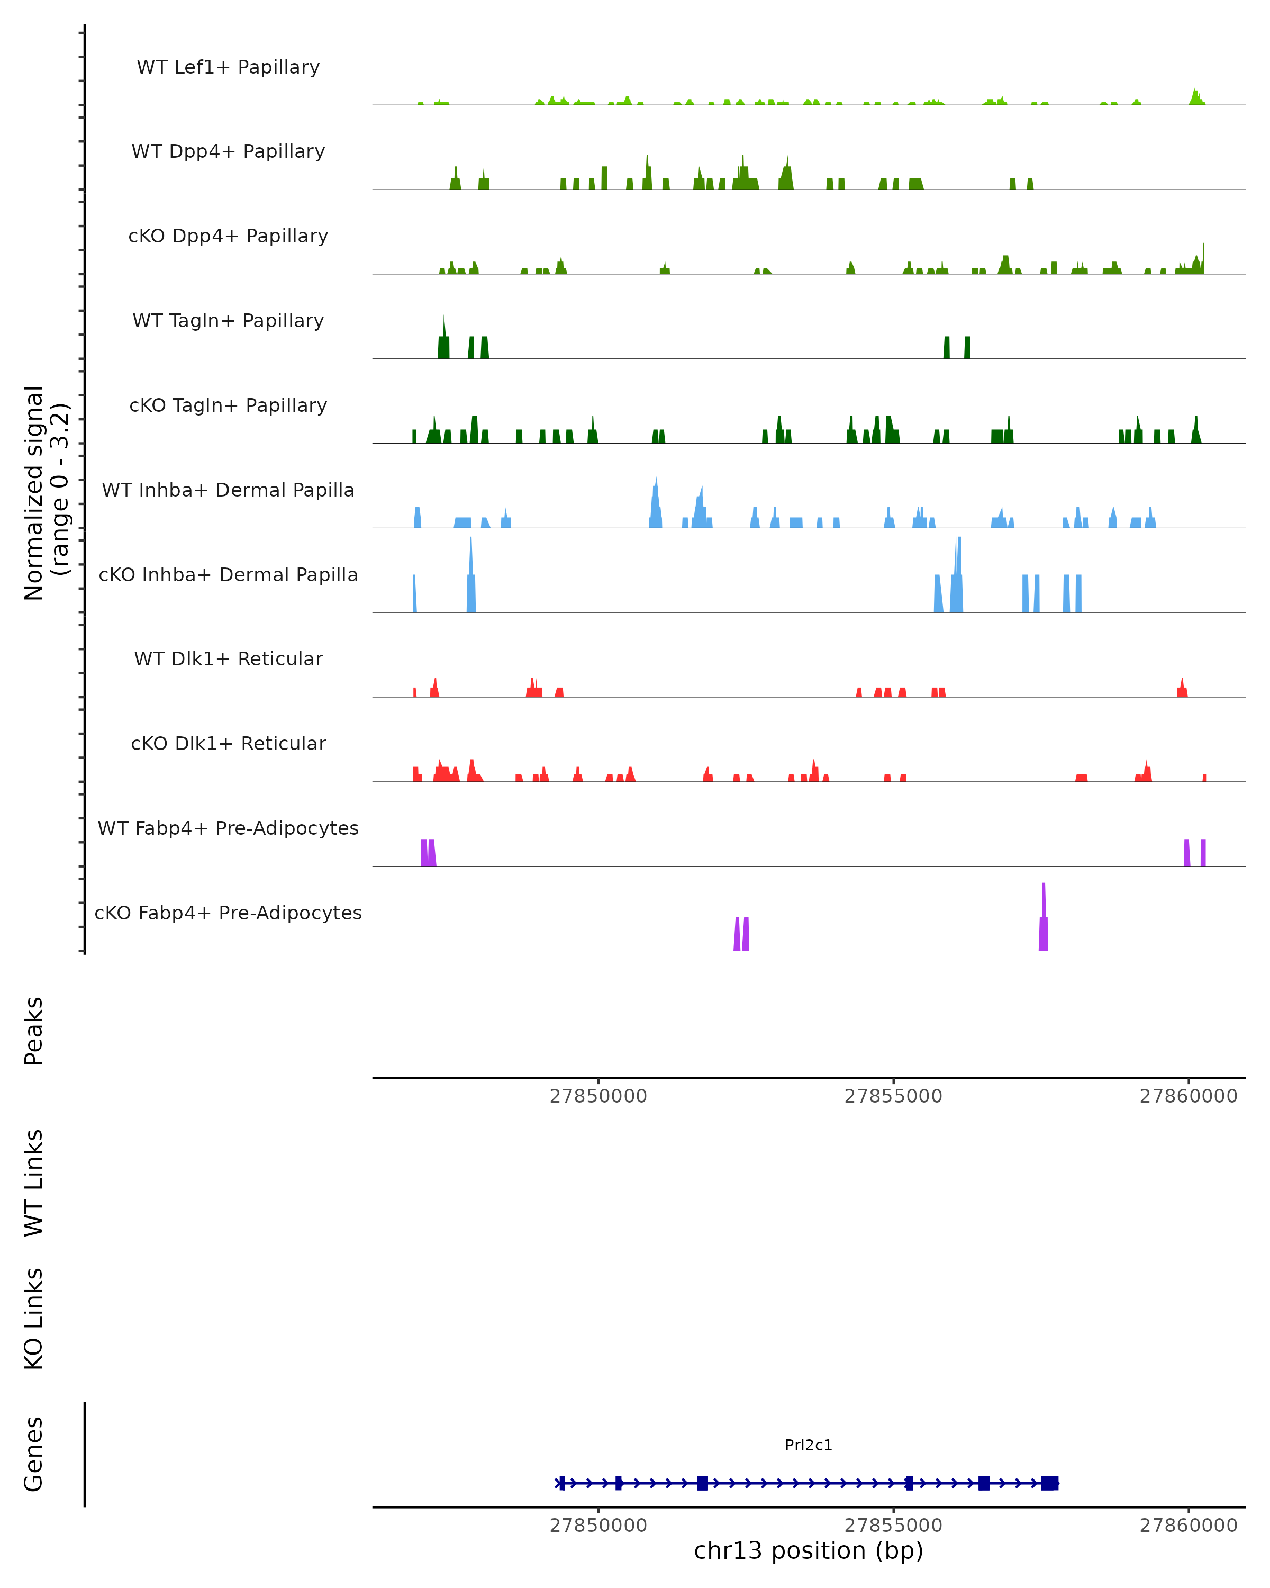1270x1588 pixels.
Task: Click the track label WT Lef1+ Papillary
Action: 228,67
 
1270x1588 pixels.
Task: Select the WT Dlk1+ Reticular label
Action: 228,658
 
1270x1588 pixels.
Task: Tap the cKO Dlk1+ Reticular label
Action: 228,743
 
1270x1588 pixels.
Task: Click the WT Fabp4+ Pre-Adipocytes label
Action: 228,828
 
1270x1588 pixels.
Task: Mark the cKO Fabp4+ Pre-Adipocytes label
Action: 228,913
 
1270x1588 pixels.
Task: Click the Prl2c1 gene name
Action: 809,1445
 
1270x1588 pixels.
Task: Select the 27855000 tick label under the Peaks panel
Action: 893,1096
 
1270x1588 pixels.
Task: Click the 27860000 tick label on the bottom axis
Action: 1189,1526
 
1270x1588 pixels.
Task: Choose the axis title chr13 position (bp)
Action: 809,1550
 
